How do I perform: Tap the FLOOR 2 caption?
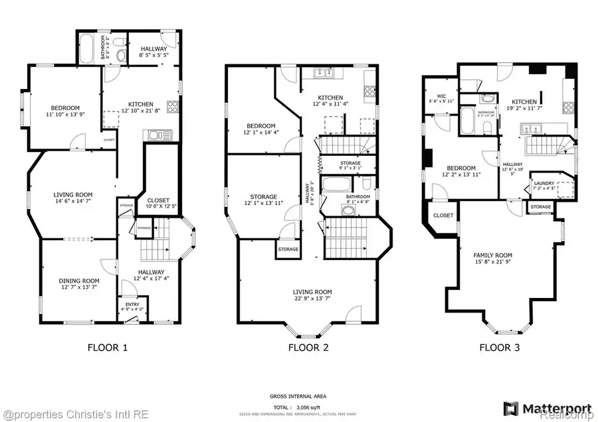coord(308,347)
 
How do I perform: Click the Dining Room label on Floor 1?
coord(74,284)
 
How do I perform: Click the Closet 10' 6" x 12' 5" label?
coord(158,203)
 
